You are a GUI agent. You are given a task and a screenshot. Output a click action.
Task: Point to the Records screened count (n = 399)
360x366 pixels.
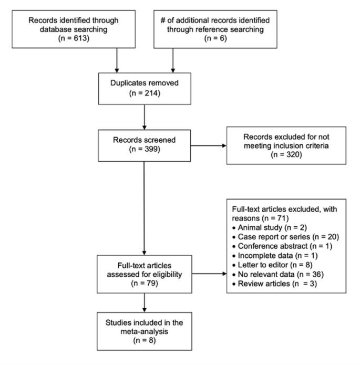tap(143, 155)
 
